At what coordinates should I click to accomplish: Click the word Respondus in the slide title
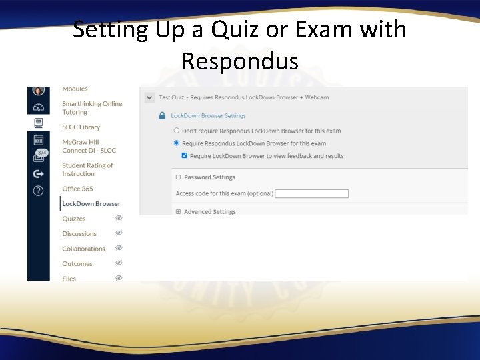pyautogui.click(x=239, y=61)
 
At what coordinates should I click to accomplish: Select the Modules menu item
pyautogui.click(x=75, y=89)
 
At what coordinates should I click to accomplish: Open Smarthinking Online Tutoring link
pyautogui.click(x=92, y=108)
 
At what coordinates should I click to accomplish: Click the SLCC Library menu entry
pyautogui.click(x=81, y=127)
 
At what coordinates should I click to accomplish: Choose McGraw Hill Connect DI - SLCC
pyautogui.click(x=89, y=146)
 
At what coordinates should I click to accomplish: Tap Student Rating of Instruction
pyautogui.click(x=87, y=169)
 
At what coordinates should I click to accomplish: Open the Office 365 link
pyautogui.click(x=77, y=189)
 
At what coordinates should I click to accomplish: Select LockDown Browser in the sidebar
pyautogui.click(x=91, y=204)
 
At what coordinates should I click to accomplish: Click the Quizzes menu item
pyautogui.click(x=73, y=219)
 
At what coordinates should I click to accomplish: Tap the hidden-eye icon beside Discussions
pyautogui.click(x=119, y=233)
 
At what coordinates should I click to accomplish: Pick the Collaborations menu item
pyautogui.click(x=83, y=249)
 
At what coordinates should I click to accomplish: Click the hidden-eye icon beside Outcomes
pyautogui.click(x=119, y=263)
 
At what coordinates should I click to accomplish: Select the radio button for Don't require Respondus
pyautogui.click(x=177, y=131)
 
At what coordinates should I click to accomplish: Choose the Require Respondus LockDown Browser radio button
pyautogui.click(x=177, y=143)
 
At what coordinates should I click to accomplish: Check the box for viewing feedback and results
pyautogui.click(x=185, y=156)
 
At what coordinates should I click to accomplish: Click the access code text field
pyautogui.click(x=311, y=194)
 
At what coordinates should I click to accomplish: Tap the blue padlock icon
pyautogui.click(x=162, y=115)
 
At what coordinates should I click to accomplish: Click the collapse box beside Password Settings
pyautogui.click(x=178, y=177)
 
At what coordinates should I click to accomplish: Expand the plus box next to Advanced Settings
pyautogui.click(x=178, y=212)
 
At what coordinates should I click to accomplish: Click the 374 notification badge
pyautogui.click(x=42, y=153)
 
